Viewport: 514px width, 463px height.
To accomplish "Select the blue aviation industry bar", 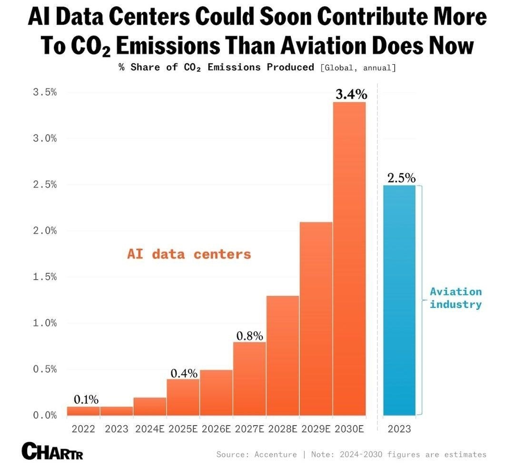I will coord(399,300).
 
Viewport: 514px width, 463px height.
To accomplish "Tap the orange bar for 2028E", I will coord(283,355).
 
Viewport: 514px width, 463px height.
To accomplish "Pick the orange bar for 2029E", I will coord(316,318).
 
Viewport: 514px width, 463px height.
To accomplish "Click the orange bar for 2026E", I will coord(216,392).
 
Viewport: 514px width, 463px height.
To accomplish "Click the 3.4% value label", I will coord(351,94).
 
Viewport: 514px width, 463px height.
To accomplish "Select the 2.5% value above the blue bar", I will coord(401,178).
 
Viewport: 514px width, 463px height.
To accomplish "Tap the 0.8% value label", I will coord(249,335).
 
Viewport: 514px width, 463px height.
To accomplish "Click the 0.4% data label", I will coord(184,373).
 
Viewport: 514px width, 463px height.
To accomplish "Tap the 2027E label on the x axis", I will coord(249,429).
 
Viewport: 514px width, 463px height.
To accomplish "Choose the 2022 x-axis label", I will coord(83,429).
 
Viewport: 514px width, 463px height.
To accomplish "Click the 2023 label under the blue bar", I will coord(399,429).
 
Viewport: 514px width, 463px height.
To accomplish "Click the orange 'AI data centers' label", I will coord(188,254).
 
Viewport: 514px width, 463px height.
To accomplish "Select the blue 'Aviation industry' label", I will coord(455,298).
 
